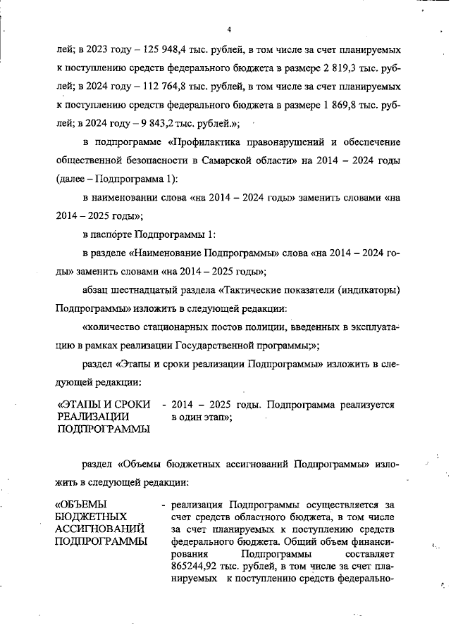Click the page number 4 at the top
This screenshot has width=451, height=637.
[230, 29]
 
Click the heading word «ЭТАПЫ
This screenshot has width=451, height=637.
[84, 405]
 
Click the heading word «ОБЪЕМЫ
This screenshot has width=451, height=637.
[80, 505]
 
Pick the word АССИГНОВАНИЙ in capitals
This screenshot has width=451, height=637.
[101, 529]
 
